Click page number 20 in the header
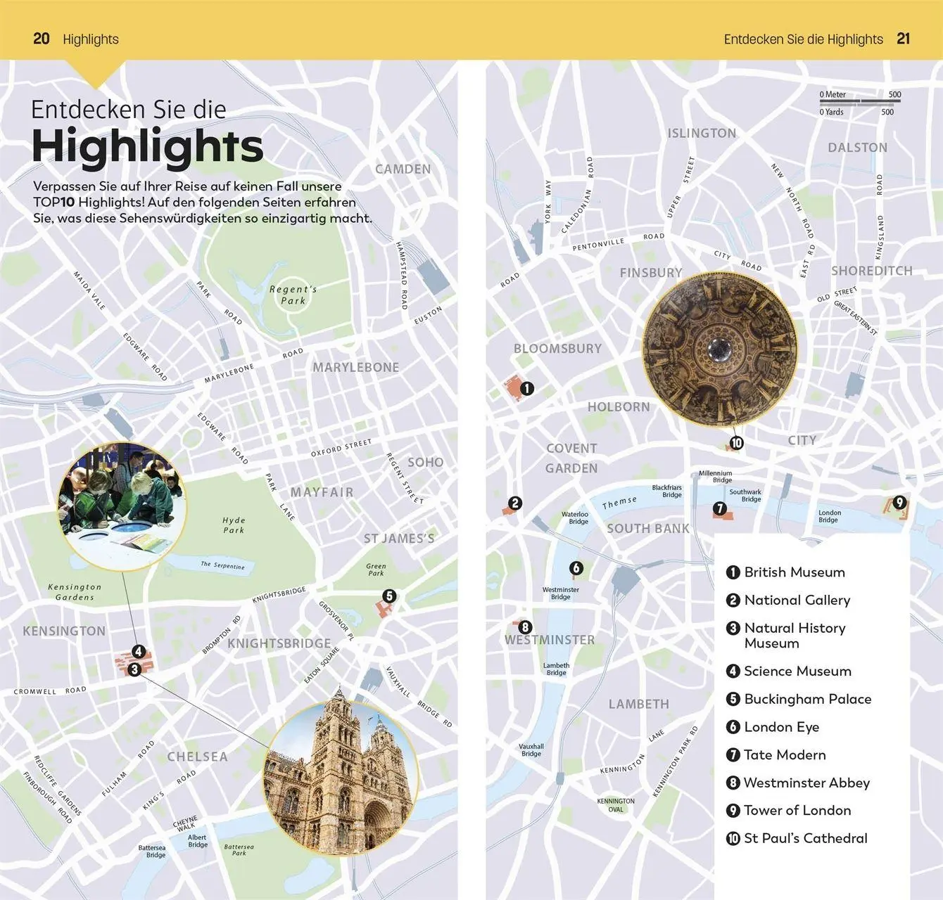42,39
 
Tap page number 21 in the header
903,39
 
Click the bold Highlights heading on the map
147,146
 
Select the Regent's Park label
293,295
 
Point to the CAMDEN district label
403,169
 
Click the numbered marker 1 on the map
526,388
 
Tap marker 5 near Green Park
389,596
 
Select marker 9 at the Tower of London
899,503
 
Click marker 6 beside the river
576,568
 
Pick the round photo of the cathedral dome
720,349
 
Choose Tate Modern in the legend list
784,754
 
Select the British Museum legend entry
794,572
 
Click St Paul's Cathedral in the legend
805,838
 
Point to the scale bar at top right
859,103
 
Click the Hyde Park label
234,525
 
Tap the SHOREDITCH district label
871,271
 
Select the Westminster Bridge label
560,593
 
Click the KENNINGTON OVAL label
616,805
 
